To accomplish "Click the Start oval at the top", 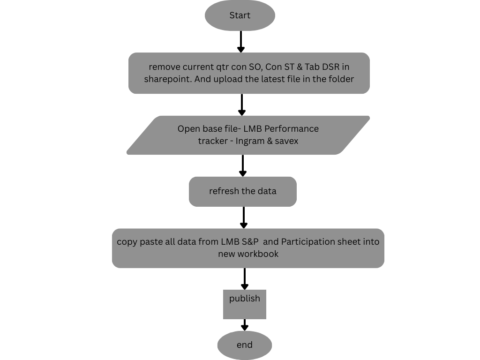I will [x=240, y=15].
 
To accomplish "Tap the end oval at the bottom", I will [x=244, y=345].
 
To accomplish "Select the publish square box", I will [x=244, y=304].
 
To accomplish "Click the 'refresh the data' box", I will [x=242, y=191].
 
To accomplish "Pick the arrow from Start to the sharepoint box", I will [x=240, y=42].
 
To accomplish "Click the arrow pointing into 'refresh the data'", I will [x=242, y=165].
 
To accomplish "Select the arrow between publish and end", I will [x=244, y=325].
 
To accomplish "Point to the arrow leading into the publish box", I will [x=244, y=279].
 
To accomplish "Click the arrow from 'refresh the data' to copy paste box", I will [x=244, y=217].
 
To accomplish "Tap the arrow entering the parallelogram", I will [x=241, y=105].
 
